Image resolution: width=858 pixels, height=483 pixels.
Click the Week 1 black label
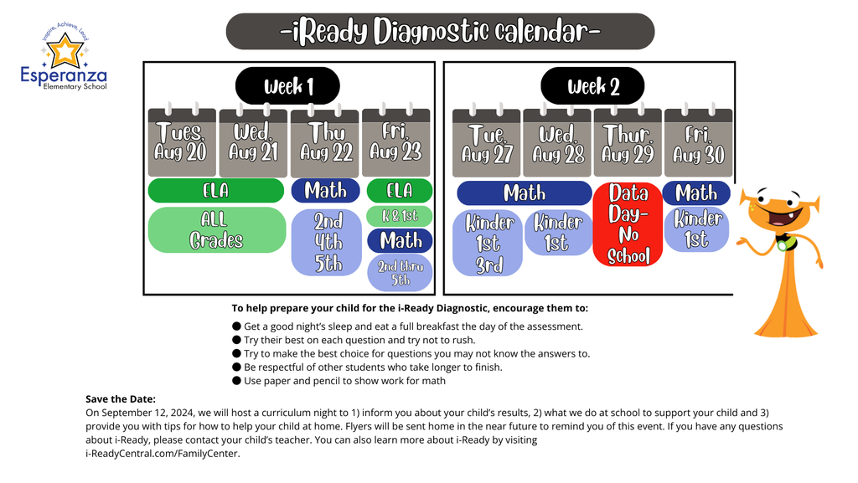click(287, 86)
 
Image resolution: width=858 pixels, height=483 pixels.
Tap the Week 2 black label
click(592, 86)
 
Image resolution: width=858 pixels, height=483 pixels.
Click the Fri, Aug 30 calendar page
click(698, 144)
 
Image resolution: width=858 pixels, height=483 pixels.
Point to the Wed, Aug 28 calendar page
click(557, 144)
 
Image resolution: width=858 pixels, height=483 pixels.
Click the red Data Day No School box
click(628, 224)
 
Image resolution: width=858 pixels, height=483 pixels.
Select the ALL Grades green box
click(217, 229)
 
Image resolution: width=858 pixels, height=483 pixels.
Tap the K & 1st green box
click(399, 216)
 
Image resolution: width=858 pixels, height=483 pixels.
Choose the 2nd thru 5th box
click(400, 273)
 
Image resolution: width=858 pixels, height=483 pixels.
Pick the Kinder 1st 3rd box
click(488, 244)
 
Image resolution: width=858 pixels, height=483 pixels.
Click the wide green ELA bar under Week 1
click(216, 191)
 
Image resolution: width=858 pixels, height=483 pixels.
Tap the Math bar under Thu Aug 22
click(325, 191)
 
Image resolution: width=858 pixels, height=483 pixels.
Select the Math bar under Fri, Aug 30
click(696, 193)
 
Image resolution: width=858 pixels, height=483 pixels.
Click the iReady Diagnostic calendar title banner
click(440, 32)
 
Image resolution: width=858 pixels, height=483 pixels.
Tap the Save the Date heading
click(121, 398)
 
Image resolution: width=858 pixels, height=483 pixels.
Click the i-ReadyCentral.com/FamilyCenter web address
click(162, 454)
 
